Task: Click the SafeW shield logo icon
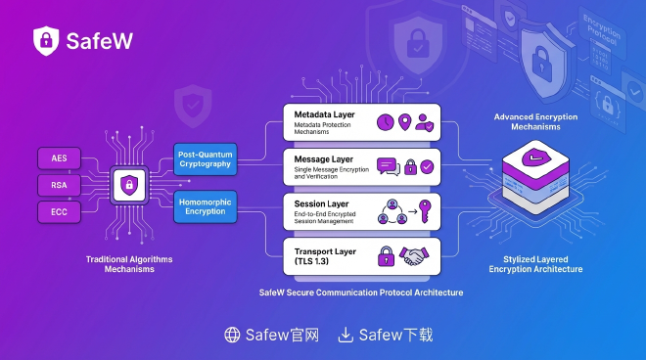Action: [46, 40]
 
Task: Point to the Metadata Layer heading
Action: [324, 114]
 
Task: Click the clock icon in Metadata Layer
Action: [385, 122]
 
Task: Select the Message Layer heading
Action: [322, 157]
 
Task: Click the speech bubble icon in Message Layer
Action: [386, 166]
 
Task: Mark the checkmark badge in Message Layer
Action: [428, 166]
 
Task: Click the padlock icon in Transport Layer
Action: [386, 254]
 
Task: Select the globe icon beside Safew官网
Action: [232, 336]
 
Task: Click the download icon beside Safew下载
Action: [346, 336]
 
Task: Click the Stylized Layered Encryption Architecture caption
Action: [535, 265]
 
